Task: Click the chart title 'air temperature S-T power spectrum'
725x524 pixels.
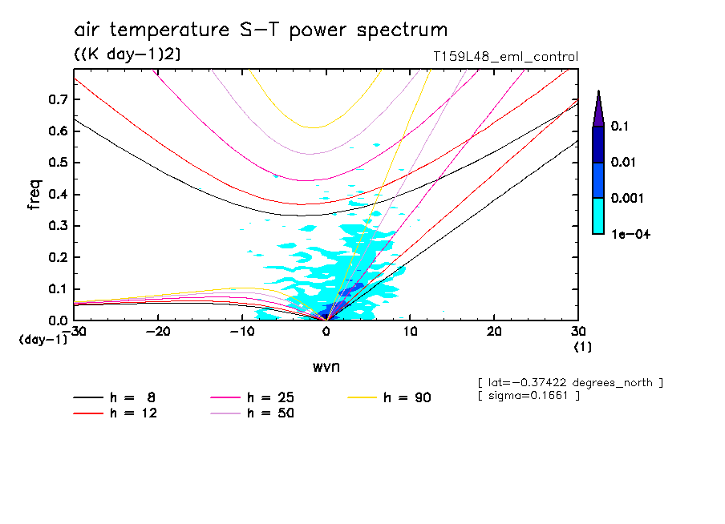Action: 261,30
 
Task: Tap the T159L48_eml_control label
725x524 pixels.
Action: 504,56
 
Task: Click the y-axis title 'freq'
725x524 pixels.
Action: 34,195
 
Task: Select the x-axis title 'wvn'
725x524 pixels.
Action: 326,366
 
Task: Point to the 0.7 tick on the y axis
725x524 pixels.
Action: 57,99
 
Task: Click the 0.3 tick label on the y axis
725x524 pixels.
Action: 57,226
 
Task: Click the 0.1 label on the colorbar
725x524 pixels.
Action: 620,127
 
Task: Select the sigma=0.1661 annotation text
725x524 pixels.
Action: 528,396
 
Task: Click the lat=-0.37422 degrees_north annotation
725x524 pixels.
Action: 569,382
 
